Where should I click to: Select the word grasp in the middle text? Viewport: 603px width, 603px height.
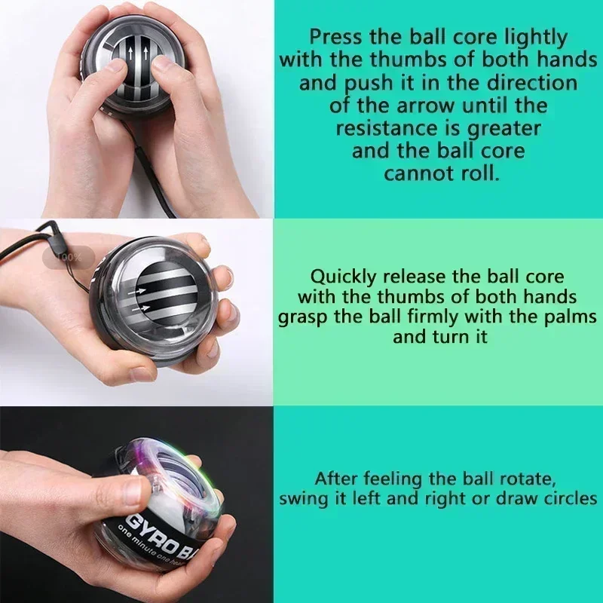pyautogui.click(x=303, y=317)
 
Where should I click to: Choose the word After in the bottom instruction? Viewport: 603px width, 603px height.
pyautogui.click(x=337, y=479)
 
